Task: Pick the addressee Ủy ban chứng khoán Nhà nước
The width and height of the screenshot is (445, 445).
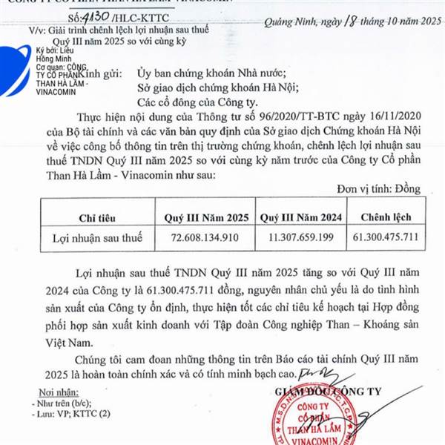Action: point(220,73)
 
